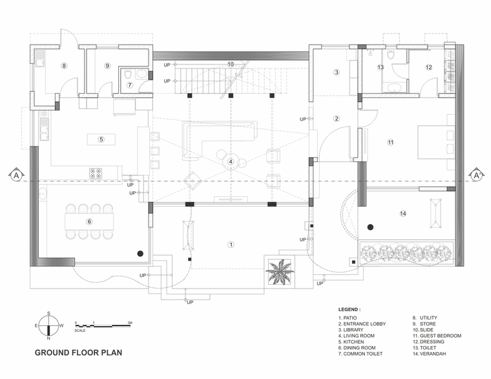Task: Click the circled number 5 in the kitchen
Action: point(101,139)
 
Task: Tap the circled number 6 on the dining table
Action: point(89,221)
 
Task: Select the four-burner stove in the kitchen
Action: point(96,173)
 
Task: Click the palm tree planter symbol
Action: point(280,272)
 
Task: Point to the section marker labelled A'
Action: point(477,175)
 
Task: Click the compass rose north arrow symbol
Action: point(48,325)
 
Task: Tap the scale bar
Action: point(103,326)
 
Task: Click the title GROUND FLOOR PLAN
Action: point(78,353)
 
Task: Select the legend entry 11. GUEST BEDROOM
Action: point(437,336)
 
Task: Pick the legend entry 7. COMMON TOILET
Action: point(360,354)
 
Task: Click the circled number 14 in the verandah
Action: point(403,214)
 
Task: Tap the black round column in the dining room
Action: point(140,254)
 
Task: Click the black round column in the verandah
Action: point(370,227)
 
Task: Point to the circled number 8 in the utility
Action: point(64,66)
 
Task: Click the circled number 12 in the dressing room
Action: point(429,67)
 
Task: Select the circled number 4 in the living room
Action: point(231,161)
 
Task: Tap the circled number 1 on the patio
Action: point(231,245)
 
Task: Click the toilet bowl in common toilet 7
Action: point(128,75)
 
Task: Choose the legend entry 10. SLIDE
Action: point(423,330)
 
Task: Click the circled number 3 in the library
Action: point(337,72)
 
